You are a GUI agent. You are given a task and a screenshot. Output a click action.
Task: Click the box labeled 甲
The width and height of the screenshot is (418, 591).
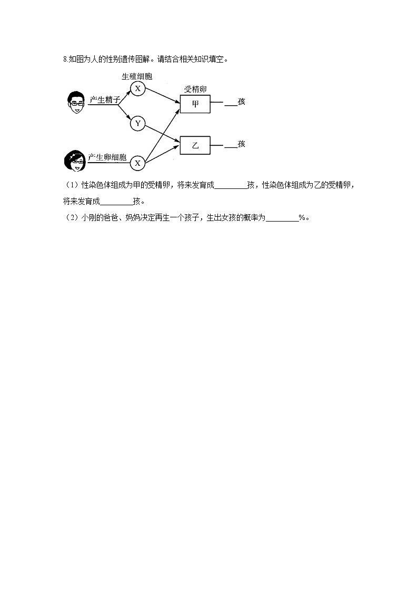(195, 104)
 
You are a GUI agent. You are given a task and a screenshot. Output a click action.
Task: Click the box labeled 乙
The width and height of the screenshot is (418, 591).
(195, 145)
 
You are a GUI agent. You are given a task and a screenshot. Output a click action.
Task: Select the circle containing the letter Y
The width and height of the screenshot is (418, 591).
(137, 124)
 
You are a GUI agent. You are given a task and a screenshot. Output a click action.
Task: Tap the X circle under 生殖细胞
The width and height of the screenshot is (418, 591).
(137, 88)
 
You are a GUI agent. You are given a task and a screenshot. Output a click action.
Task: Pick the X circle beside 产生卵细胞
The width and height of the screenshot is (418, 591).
(137, 163)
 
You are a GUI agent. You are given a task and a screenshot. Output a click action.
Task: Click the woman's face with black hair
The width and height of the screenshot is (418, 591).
(74, 161)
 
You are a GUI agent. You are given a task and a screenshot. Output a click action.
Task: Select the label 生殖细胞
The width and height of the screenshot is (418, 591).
(137, 77)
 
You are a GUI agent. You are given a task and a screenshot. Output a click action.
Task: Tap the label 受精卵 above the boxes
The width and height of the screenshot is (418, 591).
(195, 89)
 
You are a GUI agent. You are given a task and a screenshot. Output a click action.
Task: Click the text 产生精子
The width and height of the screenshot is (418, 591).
(105, 100)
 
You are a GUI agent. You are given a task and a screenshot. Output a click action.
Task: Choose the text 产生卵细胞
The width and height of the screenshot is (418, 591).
(107, 157)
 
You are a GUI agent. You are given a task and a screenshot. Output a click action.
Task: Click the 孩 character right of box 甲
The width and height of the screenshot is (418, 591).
(242, 102)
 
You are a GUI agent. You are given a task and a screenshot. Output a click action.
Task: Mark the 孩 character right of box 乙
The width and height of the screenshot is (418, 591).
(242, 144)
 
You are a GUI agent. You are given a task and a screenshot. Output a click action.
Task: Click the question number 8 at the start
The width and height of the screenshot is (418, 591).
(64, 59)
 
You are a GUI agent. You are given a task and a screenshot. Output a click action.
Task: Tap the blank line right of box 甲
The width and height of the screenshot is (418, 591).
(231, 105)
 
